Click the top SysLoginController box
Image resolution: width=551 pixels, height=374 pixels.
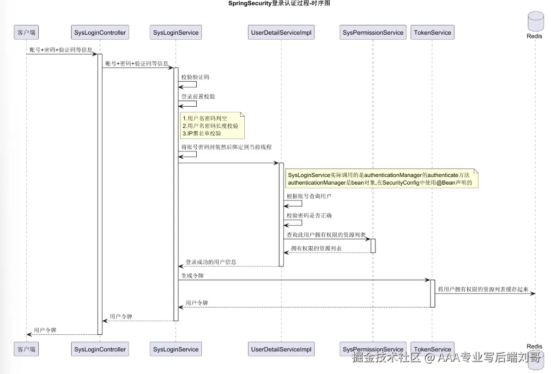tap(100, 32)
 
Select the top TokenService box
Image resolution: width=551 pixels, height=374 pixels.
tap(432, 32)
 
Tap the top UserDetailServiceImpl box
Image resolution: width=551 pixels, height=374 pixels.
tap(281, 32)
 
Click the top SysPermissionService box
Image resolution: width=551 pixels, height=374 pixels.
tap(373, 32)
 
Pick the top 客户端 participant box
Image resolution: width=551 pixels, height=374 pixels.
tap(26, 32)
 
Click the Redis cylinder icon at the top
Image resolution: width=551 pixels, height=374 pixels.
tap(536, 21)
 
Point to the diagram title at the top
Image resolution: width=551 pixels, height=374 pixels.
tap(279, 4)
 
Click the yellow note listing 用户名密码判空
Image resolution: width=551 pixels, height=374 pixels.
tap(212, 126)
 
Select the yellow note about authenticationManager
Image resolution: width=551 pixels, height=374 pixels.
tap(381, 179)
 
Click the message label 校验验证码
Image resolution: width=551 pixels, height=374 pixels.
tap(195, 77)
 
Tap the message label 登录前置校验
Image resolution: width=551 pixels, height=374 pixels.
tap(198, 97)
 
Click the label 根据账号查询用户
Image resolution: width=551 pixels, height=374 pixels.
tap(309, 196)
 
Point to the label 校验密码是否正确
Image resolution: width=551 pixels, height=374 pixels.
tap(309, 216)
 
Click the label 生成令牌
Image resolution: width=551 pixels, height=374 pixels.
tap(192, 276)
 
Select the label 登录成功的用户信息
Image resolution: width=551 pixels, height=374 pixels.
tap(211, 262)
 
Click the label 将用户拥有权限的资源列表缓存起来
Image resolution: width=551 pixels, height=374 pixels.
tap(483, 290)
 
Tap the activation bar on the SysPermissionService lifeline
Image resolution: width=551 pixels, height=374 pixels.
tap(373, 246)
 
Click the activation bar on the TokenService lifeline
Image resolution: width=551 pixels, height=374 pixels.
tap(433, 294)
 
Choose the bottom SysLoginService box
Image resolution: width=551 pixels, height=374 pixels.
tap(176, 349)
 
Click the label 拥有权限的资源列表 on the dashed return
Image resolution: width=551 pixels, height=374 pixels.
tap(316, 248)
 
